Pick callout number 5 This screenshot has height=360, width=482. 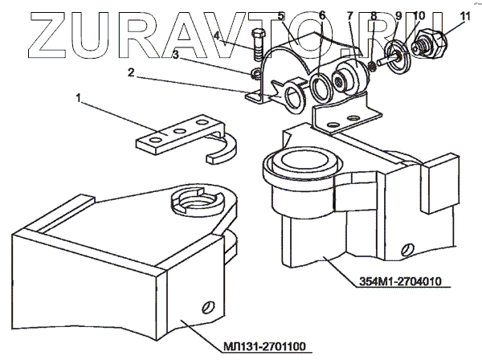pyautogui.click(x=280, y=16)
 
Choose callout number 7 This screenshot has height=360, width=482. pyautogui.click(x=351, y=16)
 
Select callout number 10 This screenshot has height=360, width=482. pyautogui.click(x=419, y=16)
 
